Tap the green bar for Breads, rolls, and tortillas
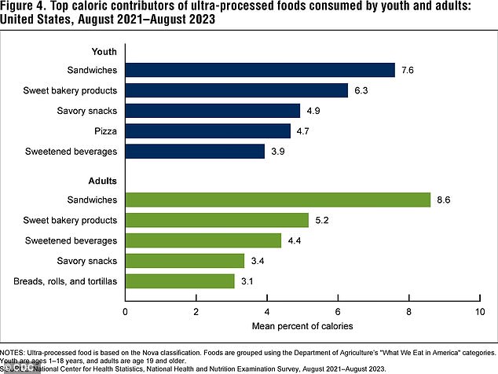(180, 280)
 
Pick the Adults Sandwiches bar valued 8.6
(278, 200)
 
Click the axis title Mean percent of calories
(302, 325)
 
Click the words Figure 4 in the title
(24, 7)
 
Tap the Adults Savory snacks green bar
(185, 260)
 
